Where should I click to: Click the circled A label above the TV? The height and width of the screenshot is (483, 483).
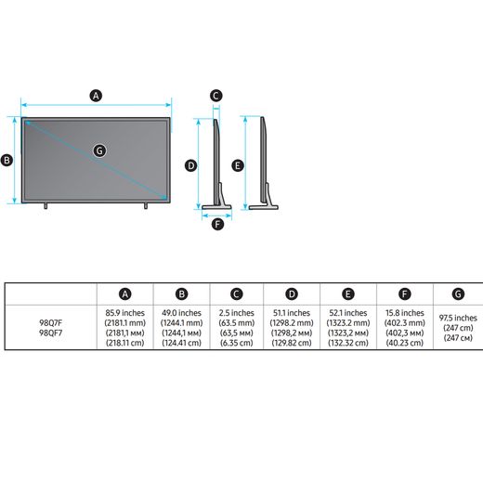96,96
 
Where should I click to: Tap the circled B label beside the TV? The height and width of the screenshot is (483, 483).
7,161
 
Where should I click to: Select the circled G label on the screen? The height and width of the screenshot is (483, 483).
99,150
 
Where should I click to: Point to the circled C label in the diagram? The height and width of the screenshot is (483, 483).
215,96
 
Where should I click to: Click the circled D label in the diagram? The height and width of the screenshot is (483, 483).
190,165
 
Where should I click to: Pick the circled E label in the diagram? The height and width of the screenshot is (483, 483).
238,165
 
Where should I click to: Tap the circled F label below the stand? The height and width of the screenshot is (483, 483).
217,224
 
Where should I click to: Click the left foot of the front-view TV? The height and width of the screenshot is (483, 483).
46,205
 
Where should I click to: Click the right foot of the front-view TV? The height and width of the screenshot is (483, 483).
146,205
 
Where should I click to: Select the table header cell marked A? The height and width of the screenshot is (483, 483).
125,294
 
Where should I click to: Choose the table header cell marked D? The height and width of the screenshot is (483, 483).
292,294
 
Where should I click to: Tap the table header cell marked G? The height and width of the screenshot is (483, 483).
458,294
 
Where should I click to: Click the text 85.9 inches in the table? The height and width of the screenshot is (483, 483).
125,313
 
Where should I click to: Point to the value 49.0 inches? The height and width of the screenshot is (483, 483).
181,313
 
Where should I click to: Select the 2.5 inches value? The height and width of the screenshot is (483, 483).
237,313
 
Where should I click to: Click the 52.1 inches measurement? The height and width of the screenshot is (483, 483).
348,313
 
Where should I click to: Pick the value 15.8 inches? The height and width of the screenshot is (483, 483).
405,313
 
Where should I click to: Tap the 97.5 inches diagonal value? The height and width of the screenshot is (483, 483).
458,318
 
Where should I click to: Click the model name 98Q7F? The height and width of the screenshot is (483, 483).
51,323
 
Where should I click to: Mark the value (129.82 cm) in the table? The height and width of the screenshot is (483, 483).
292,343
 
